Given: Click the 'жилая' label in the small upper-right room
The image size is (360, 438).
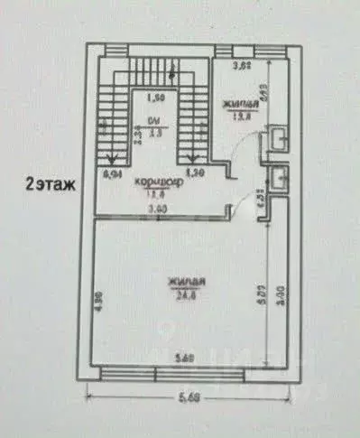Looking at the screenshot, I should tap(241, 103).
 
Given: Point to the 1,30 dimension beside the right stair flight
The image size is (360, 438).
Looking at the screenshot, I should tap(194, 171).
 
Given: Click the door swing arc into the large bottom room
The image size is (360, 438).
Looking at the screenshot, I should tap(240, 212).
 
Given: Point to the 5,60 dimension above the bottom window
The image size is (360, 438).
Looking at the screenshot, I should tap(185, 358).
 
